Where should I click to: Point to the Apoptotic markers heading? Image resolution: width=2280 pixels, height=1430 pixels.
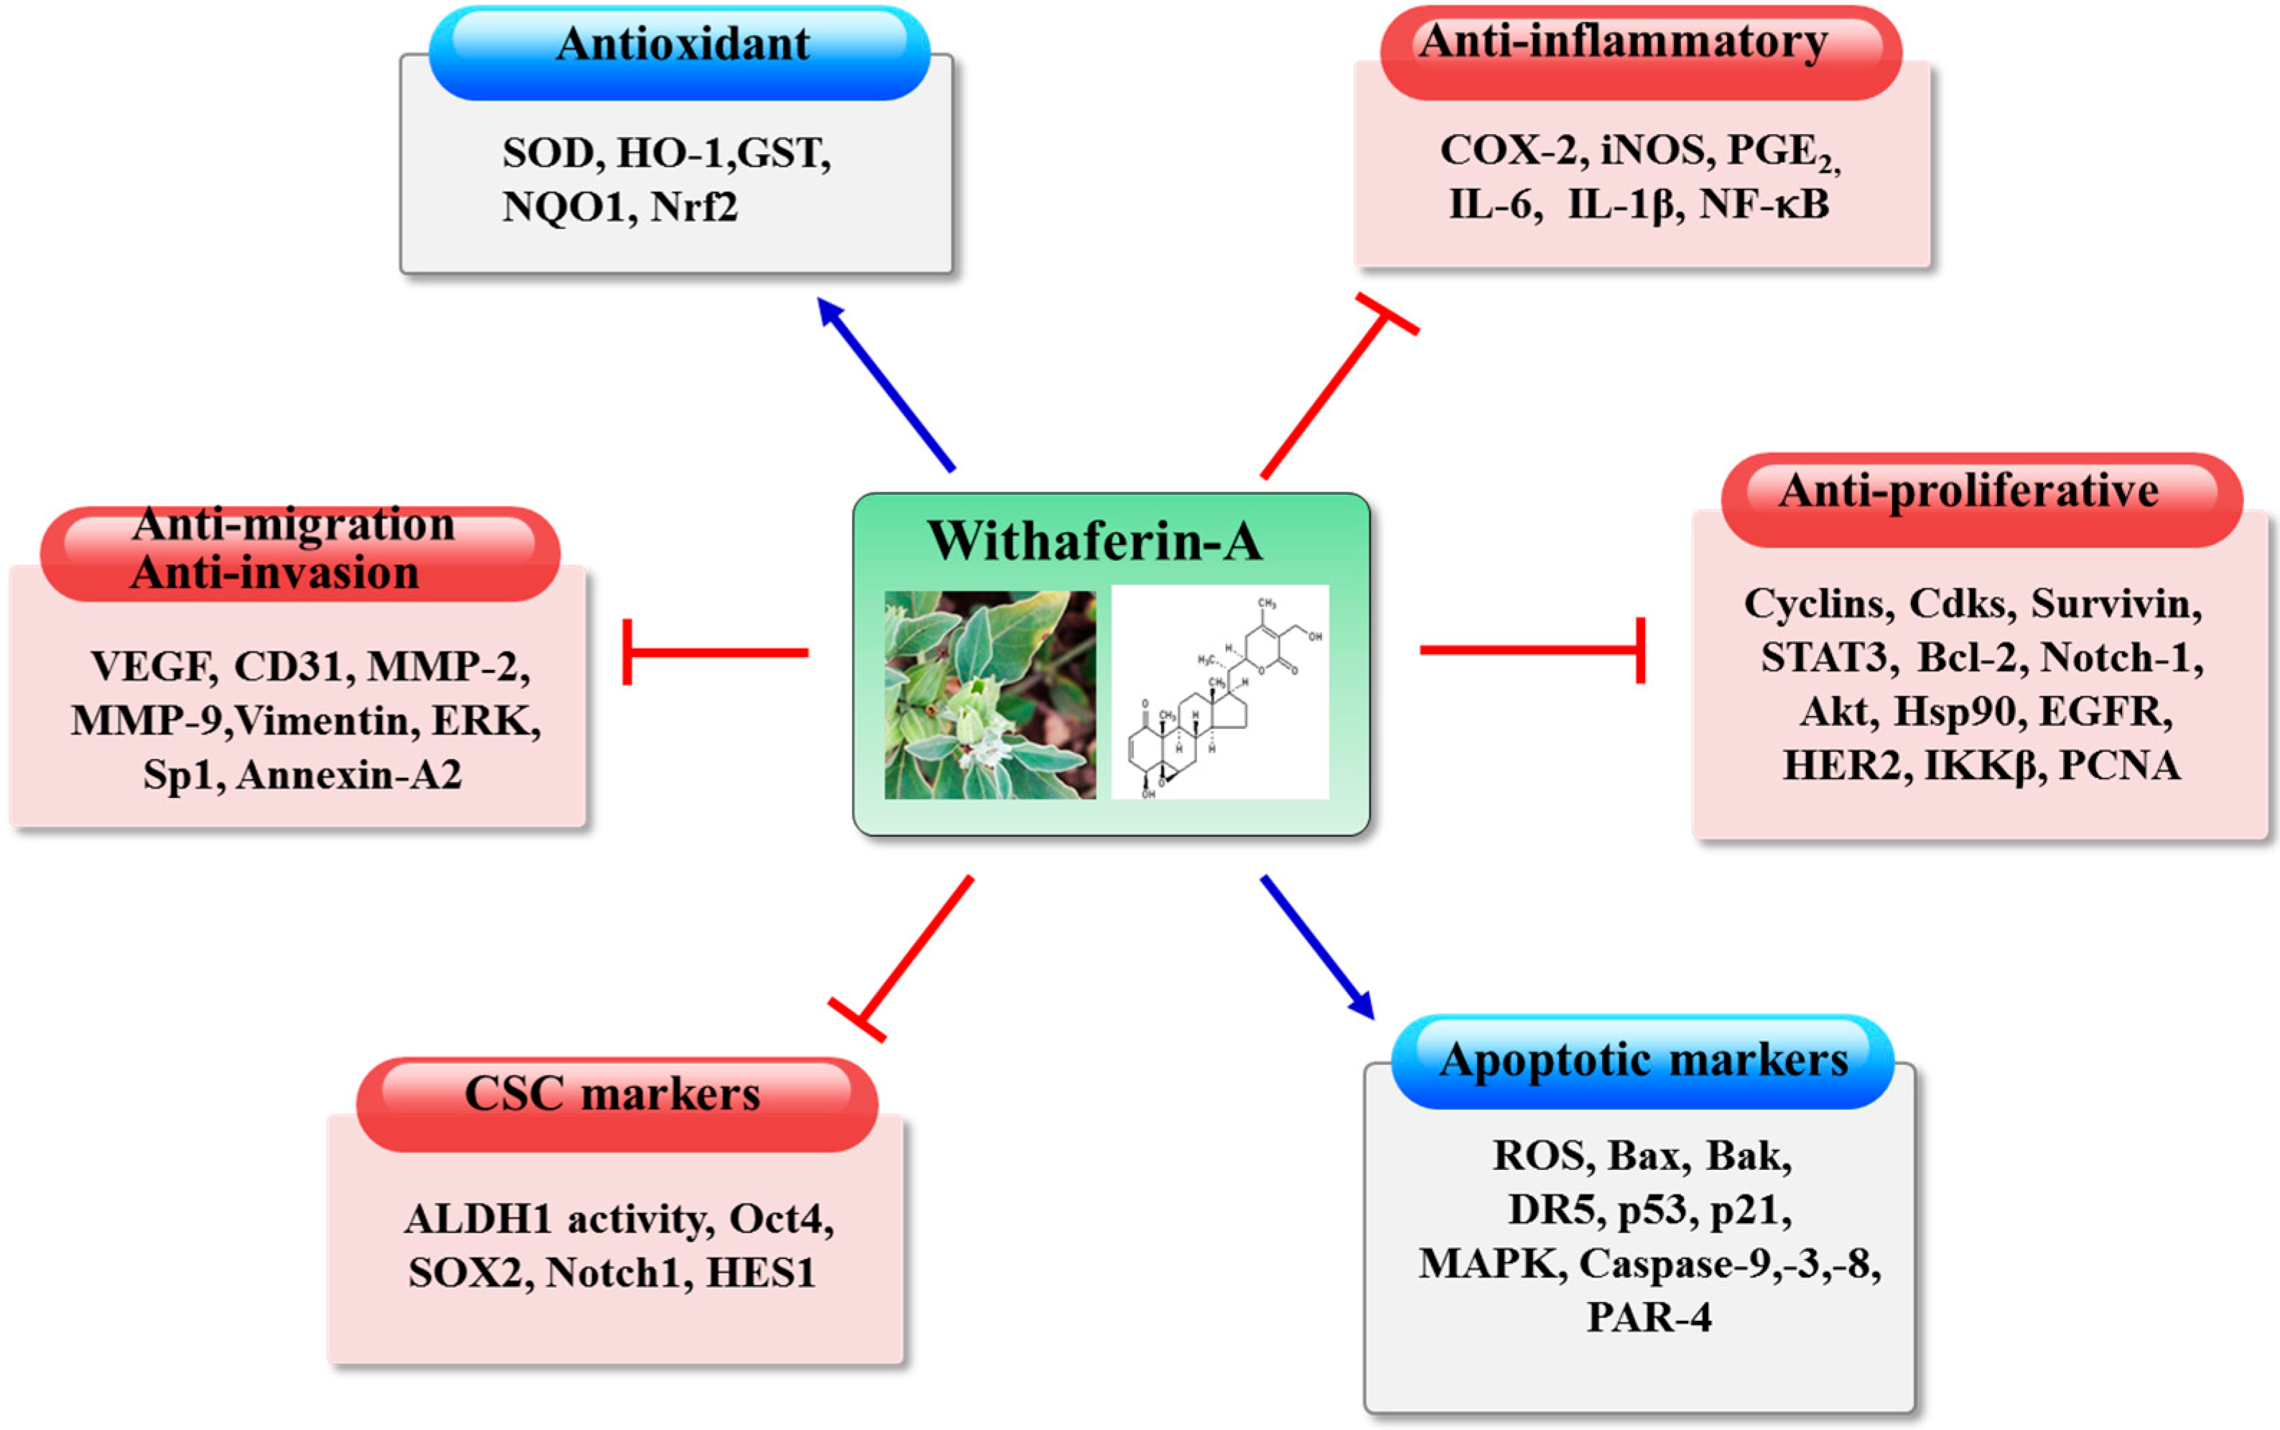pyautogui.click(x=1644, y=1059)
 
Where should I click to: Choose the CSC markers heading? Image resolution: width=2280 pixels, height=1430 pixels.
pyautogui.click(x=613, y=1095)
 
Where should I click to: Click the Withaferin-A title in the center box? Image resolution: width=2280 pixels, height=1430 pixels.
pyautogui.click(x=1095, y=541)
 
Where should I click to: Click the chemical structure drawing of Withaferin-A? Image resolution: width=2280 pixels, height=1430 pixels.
pyautogui.click(x=1220, y=695)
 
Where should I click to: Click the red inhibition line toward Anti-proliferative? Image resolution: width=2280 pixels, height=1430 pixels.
pyautogui.click(x=1532, y=650)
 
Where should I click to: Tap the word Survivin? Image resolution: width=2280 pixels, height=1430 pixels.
pyautogui.click(x=2116, y=604)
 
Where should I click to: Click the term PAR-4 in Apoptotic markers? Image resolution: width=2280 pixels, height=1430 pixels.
pyautogui.click(x=1649, y=1317)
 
